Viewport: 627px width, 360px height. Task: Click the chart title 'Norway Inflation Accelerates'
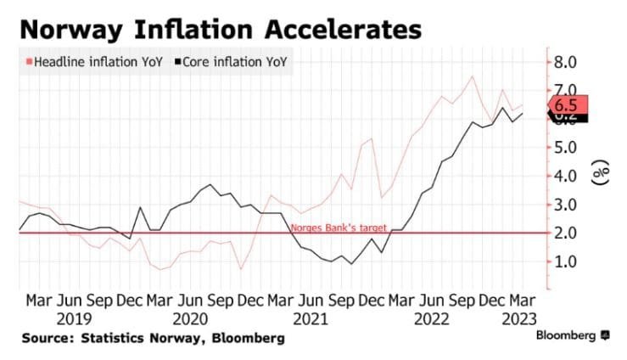(219, 30)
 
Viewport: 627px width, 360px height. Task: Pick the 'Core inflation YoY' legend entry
(232, 62)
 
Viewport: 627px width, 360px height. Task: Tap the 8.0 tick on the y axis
(566, 62)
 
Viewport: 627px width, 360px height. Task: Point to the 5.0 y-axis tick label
(566, 147)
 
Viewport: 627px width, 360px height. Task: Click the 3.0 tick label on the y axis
(566, 204)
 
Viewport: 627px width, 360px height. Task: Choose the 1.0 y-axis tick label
(566, 261)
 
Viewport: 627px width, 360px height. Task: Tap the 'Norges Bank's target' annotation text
(339, 228)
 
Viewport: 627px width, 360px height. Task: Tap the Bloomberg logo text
(567, 337)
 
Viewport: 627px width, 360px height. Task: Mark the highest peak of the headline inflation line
(472, 76)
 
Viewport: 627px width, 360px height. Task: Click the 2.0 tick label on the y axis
(566, 233)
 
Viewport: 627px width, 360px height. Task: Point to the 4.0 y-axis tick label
(566, 176)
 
